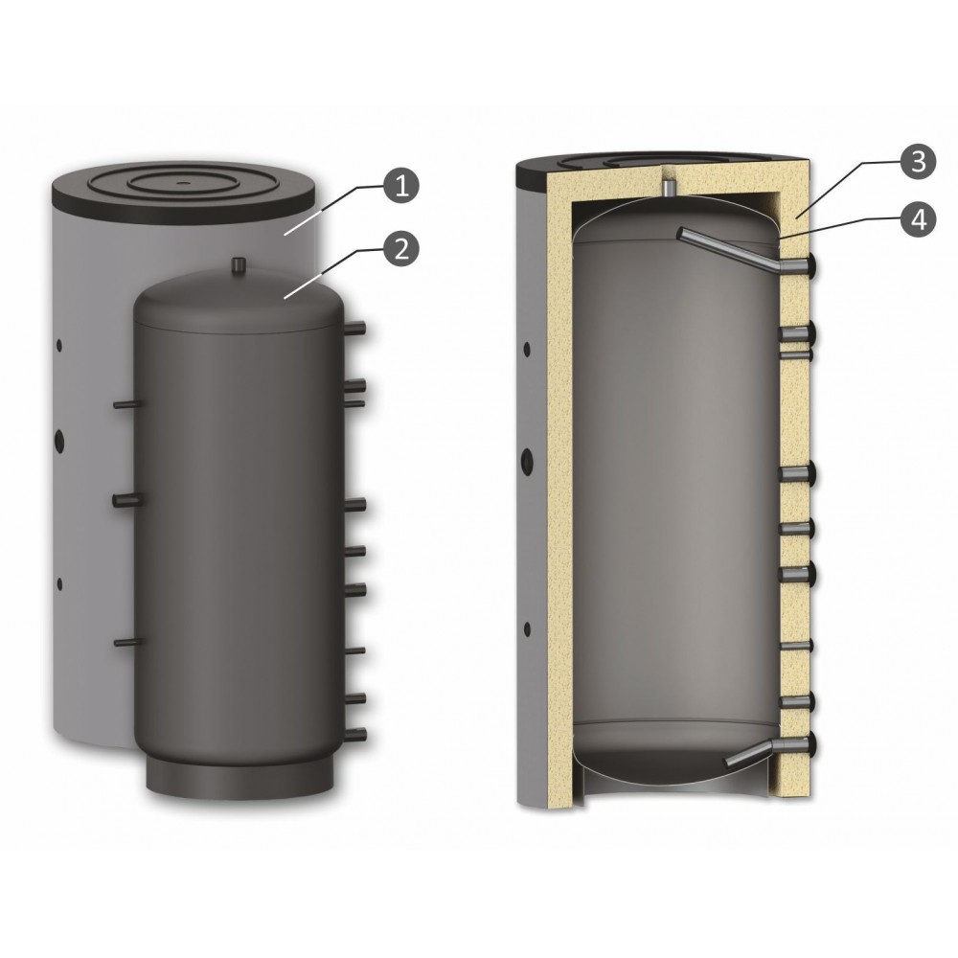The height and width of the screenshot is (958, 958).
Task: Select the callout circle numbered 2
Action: tap(400, 248)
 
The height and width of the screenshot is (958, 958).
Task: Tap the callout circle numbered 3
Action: tap(918, 161)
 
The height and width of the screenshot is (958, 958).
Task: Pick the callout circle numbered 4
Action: tap(918, 220)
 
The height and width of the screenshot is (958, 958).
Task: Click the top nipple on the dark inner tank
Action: tap(239, 265)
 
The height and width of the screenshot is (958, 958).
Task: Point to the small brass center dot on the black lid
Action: tap(182, 181)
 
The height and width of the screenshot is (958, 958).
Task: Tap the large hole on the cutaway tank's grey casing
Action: tap(526, 459)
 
